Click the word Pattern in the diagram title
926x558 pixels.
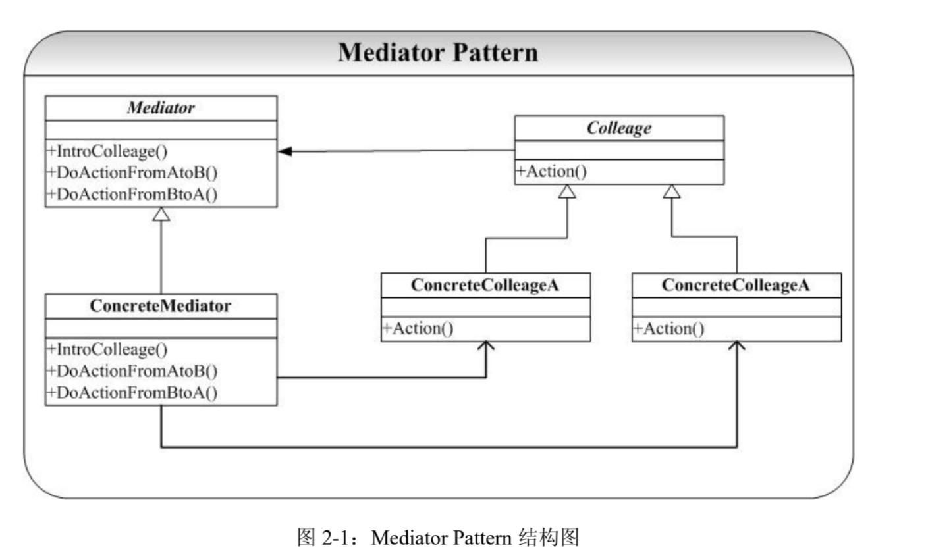click(495, 53)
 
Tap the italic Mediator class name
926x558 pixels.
click(161, 108)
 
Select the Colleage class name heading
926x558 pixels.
click(619, 128)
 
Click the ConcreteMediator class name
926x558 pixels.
click(161, 305)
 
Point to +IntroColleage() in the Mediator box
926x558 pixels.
click(107, 151)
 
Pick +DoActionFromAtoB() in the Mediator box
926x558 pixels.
click(132, 172)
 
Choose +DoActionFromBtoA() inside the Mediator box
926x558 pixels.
click(132, 194)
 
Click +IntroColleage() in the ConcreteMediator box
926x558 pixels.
click(107, 349)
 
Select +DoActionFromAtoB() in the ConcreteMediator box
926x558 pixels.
click(132, 371)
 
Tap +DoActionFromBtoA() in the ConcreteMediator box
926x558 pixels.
click(132, 392)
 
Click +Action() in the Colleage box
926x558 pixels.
click(551, 171)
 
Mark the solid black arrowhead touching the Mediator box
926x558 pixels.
click(285, 151)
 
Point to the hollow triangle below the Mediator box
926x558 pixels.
click(161, 214)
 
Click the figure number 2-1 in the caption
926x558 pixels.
click(335, 538)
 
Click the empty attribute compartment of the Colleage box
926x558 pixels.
click(619, 150)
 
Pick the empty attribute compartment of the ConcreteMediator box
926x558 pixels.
click(161, 328)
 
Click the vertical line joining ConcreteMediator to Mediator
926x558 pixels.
click(161, 257)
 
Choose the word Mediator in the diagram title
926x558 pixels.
click(391, 53)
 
